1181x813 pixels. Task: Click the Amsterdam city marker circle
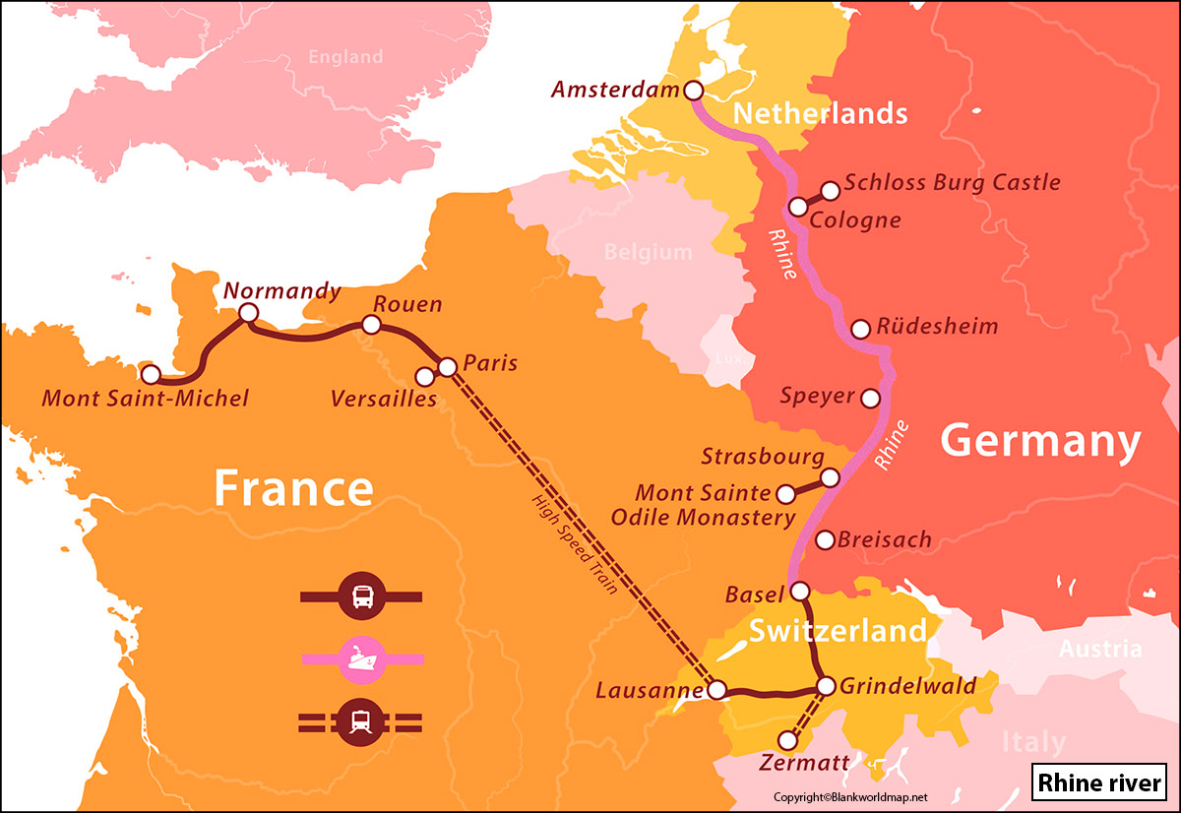[x=693, y=91]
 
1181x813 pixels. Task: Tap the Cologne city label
[x=854, y=219]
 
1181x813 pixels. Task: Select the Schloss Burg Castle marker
[x=830, y=189]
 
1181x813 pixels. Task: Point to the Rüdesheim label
[x=937, y=327]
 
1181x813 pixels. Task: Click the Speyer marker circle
[x=870, y=399]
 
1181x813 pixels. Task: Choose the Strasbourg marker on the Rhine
[x=830, y=477]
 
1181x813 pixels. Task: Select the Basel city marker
[x=800, y=592]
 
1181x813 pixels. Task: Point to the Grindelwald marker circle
[x=826, y=686]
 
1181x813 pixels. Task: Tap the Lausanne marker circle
[x=717, y=690]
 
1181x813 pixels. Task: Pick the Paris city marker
[x=447, y=367]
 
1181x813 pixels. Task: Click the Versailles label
[x=384, y=399]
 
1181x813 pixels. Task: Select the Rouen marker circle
[x=371, y=325]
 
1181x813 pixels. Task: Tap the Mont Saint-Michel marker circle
[x=151, y=375]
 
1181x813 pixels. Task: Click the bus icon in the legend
[x=361, y=596]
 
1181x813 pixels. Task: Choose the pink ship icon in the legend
[x=361, y=657]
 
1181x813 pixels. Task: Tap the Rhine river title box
[x=1098, y=784]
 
